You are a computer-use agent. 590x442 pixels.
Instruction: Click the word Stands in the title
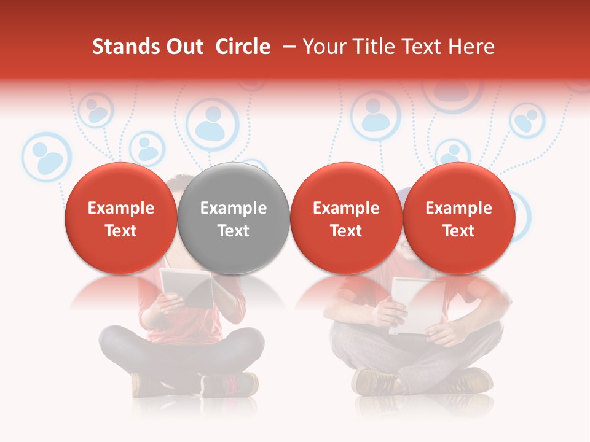click(x=122, y=47)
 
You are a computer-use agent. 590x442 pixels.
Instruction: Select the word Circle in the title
click(x=243, y=47)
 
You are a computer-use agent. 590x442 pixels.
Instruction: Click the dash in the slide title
click(x=289, y=47)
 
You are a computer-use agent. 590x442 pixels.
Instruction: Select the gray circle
click(x=233, y=219)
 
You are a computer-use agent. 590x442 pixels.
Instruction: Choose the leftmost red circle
click(x=120, y=219)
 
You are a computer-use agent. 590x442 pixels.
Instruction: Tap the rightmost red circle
click(x=458, y=219)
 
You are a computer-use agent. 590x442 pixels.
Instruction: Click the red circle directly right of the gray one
click(x=346, y=219)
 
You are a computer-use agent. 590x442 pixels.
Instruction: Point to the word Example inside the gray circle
click(x=234, y=208)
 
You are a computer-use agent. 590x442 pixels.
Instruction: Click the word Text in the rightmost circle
click(x=458, y=231)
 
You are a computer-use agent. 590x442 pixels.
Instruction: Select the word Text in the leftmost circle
click(x=120, y=231)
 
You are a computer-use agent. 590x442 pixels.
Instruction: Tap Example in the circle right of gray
click(x=346, y=208)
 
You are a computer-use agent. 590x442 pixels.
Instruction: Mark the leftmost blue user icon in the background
click(x=44, y=157)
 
